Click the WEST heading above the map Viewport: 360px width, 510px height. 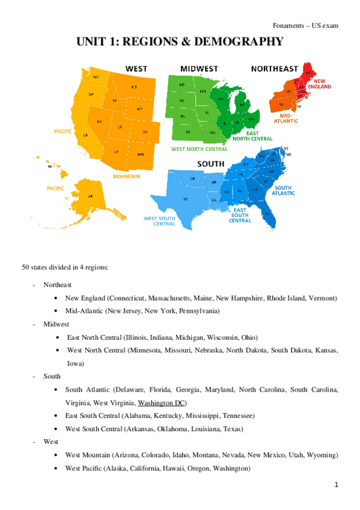[136, 68]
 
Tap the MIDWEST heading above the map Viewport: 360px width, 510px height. [199, 68]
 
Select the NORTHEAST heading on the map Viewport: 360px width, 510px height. [274, 68]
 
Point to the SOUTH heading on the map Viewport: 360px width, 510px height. [211, 164]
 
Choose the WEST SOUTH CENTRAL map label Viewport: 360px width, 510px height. [160, 221]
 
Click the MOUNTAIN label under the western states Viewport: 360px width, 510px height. [127, 176]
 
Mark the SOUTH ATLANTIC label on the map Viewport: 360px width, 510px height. [282, 191]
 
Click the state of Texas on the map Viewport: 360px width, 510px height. [186, 198]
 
